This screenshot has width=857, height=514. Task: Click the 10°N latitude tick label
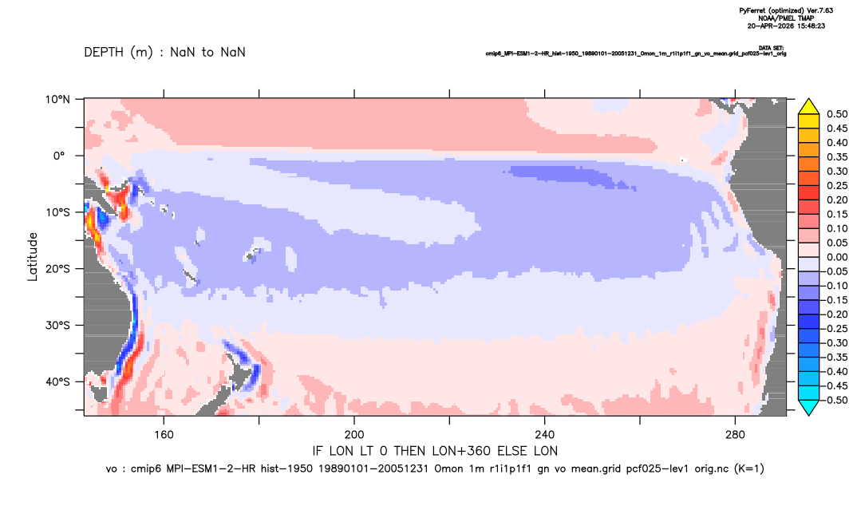(57, 100)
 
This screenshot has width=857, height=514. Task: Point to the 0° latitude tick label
(59, 156)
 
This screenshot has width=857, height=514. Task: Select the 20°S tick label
(57, 269)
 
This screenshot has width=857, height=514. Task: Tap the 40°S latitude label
(57, 382)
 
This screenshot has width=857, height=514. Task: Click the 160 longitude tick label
(164, 435)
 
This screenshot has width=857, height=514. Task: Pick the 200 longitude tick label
(354, 435)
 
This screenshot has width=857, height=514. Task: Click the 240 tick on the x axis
(544, 435)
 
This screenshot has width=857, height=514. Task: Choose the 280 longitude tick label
(735, 435)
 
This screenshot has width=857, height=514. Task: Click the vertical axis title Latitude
(33, 257)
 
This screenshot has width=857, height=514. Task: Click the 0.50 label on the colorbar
(837, 114)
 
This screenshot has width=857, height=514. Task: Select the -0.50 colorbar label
(835, 400)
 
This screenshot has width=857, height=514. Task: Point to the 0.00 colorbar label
(837, 257)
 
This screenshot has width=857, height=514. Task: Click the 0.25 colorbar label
(837, 185)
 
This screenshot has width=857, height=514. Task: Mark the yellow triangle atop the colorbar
(809, 107)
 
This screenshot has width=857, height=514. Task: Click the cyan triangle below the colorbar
(809, 407)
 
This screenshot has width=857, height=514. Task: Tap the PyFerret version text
(786, 10)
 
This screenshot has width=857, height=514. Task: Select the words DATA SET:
(771, 48)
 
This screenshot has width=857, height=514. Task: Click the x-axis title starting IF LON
(435, 451)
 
